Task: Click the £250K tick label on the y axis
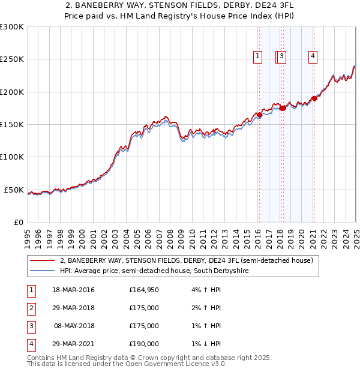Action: point(12,59)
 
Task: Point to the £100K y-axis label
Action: point(12,157)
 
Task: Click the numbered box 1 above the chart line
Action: point(258,57)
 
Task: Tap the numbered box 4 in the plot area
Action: point(313,57)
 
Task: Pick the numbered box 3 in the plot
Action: point(281,57)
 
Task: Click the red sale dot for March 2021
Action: point(314,99)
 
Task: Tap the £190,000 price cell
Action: point(144,344)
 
